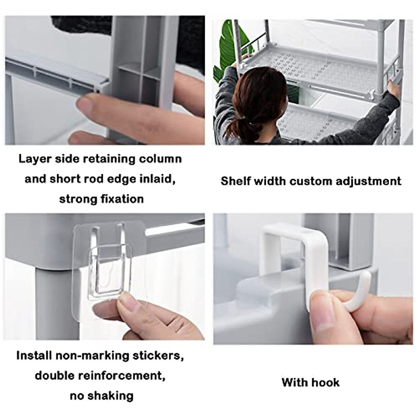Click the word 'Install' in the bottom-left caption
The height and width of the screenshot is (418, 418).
pyautogui.click(x=34, y=356)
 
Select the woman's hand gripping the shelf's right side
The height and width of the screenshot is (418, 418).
pyautogui.click(x=394, y=91)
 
